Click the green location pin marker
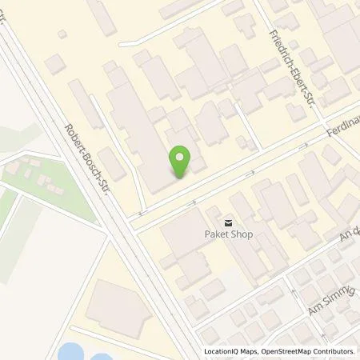(182, 162)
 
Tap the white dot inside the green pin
(182, 158)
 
